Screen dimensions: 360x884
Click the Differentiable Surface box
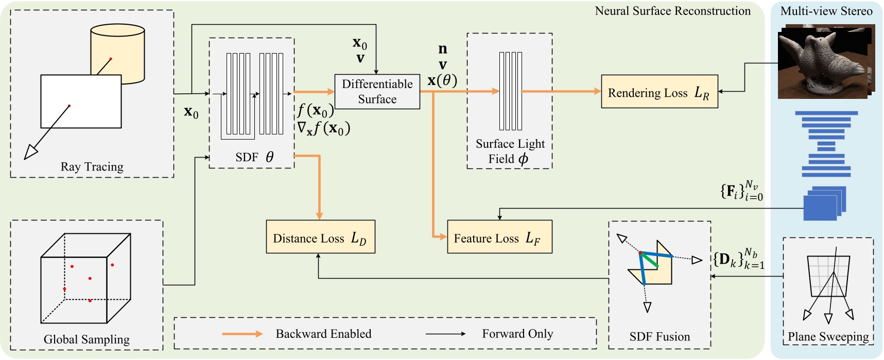point(377,92)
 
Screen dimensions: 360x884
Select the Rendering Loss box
point(659,92)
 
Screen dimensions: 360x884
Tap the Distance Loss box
point(320,237)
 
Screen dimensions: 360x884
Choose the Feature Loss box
point(499,237)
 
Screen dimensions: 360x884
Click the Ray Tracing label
point(92,167)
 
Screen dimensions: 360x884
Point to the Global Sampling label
point(86,339)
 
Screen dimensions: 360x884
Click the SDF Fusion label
point(659,337)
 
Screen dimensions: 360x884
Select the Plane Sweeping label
point(828,337)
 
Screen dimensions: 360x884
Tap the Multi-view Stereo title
point(826,11)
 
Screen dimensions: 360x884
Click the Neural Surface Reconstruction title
point(672,11)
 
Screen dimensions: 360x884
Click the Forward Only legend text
point(517,334)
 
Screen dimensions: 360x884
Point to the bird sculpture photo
point(824,62)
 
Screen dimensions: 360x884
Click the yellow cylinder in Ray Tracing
point(117,49)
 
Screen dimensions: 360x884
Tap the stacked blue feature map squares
point(824,203)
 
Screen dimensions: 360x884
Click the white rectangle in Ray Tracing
point(81,101)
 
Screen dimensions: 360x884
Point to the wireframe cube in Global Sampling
point(85,278)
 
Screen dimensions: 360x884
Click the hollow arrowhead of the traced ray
point(30,152)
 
